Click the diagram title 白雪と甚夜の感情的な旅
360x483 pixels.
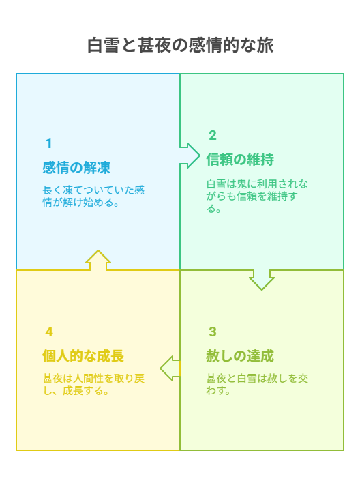pyautogui.click(x=180, y=45)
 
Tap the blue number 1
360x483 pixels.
pyautogui.click(x=48, y=143)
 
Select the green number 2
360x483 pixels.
pyautogui.click(x=213, y=135)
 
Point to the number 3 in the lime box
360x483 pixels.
pyautogui.click(x=213, y=332)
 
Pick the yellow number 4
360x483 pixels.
pyautogui.click(x=49, y=332)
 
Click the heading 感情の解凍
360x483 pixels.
pyautogui.click(x=76, y=168)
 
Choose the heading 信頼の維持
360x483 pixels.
pyautogui.click(x=240, y=160)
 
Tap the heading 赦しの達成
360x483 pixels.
pyautogui.click(x=240, y=356)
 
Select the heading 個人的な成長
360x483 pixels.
pyautogui.click(x=83, y=356)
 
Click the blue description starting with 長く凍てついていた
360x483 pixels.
pyautogui.click(x=93, y=196)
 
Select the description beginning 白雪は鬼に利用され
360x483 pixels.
pyautogui.click(x=257, y=196)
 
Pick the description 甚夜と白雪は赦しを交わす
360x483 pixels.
pyautogui.click(x=257, y=384)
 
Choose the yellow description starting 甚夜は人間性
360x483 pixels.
pyautogui.click(x=93, y=384)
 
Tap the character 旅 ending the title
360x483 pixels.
pyautogui.click(x=265, y=45)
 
